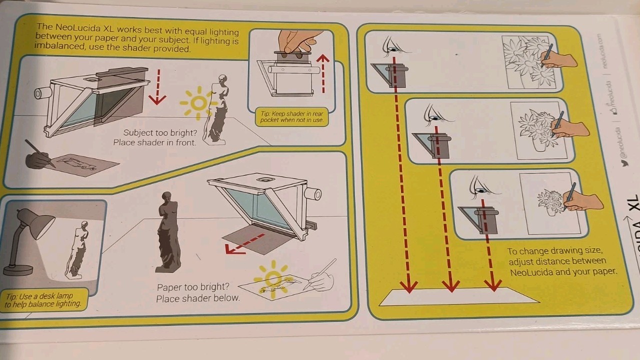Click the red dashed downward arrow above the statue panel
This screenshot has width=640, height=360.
point(157,87)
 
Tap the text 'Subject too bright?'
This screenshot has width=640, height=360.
point(160,133)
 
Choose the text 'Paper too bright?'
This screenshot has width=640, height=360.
point(193,287)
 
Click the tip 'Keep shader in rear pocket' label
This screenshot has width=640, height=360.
point(291,117)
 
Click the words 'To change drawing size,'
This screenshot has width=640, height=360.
point(554,251)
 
